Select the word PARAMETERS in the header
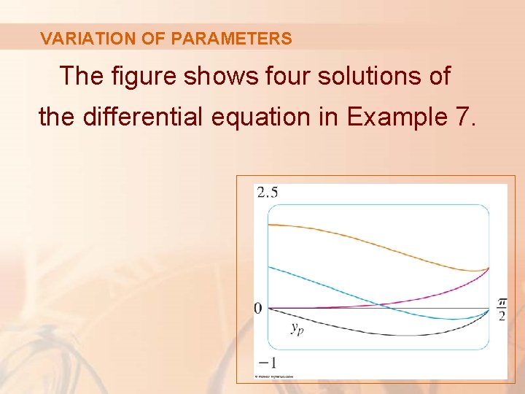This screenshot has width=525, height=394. point(231,39)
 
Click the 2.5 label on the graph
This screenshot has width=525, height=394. point(266,192)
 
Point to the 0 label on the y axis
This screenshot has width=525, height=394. point(258,309)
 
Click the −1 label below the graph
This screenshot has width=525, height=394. point(265,363)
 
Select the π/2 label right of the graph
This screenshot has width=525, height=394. point(502,309)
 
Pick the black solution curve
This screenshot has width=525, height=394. point(379,334)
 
